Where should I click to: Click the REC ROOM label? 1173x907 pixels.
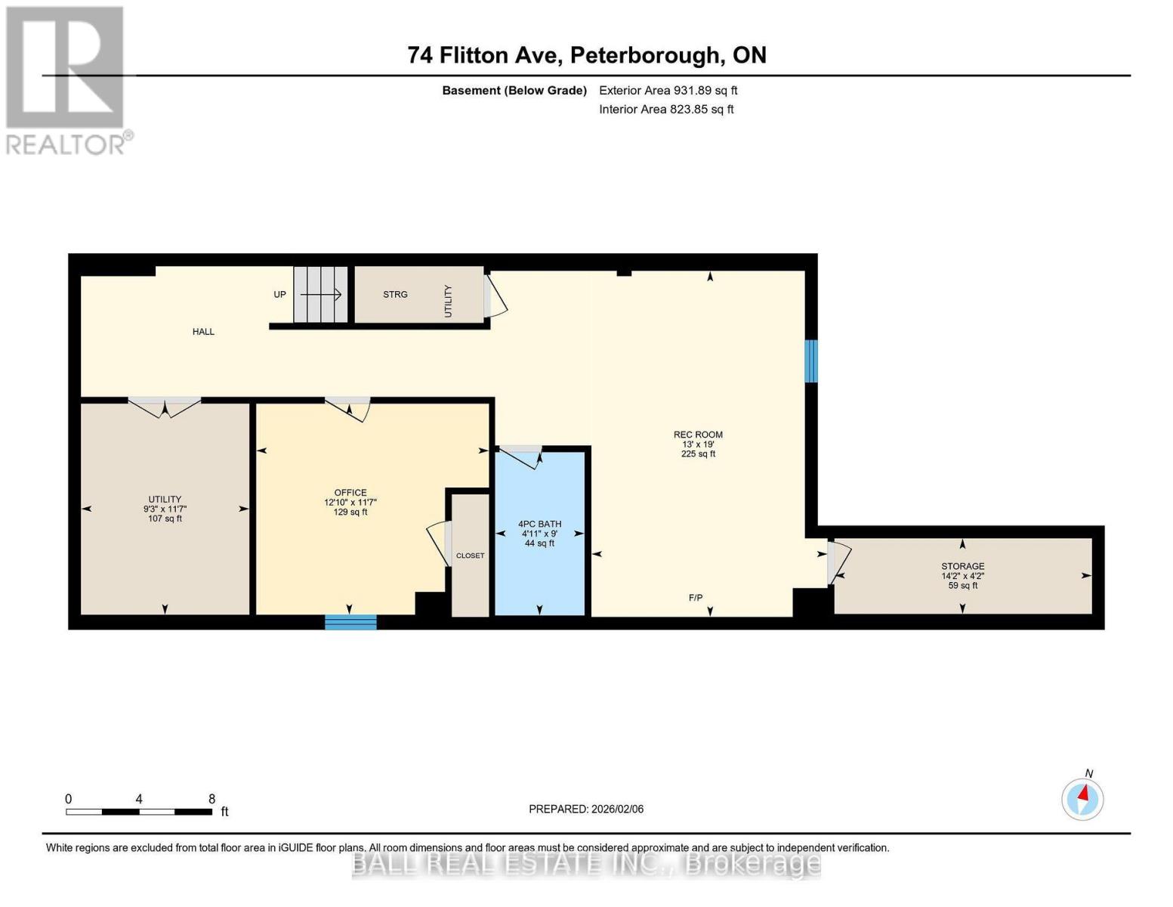click(698, 435)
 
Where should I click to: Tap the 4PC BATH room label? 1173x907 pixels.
click(539, 524)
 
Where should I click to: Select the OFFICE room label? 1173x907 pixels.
click(350, 493)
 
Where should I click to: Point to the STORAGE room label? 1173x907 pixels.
click(962, 566)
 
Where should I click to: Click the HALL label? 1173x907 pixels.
click(203, 332)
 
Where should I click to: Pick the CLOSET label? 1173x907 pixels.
click(470, 556)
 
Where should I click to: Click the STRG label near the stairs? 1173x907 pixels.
click(395, 295)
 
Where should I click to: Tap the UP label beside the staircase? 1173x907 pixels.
click(279, 295)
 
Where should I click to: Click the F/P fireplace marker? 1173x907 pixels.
click(696, 598)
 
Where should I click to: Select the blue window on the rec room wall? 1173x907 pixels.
click(810, 361)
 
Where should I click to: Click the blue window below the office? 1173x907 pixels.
click(350, 622)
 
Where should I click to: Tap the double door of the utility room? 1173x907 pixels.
click(164, 407)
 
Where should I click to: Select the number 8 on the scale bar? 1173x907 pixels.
click(211, 799)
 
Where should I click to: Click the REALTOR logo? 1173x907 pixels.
click(66, 79)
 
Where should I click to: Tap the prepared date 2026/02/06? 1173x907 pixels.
click(585, 809)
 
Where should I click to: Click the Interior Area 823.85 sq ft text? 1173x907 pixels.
click(666, 110)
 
